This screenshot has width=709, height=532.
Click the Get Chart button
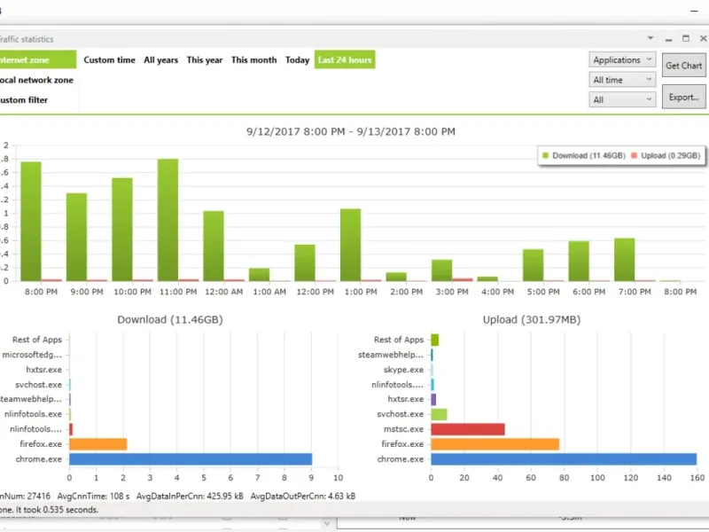tap(683, 65)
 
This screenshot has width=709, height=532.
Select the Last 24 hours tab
tap(345, 60)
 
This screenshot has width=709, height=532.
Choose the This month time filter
tap(254, 60)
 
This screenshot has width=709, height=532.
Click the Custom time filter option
tap(110, 60)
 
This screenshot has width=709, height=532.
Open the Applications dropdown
tap(623, 60)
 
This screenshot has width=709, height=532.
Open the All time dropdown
tap(623, 80)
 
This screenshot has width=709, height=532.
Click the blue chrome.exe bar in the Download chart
tap(190, 459)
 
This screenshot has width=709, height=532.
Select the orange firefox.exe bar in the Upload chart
tap(495, 444)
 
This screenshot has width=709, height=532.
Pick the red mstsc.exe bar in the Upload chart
tap(467, 429)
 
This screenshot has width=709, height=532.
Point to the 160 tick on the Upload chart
tap(696, 478)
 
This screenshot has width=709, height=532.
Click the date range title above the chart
tap(351, 131)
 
